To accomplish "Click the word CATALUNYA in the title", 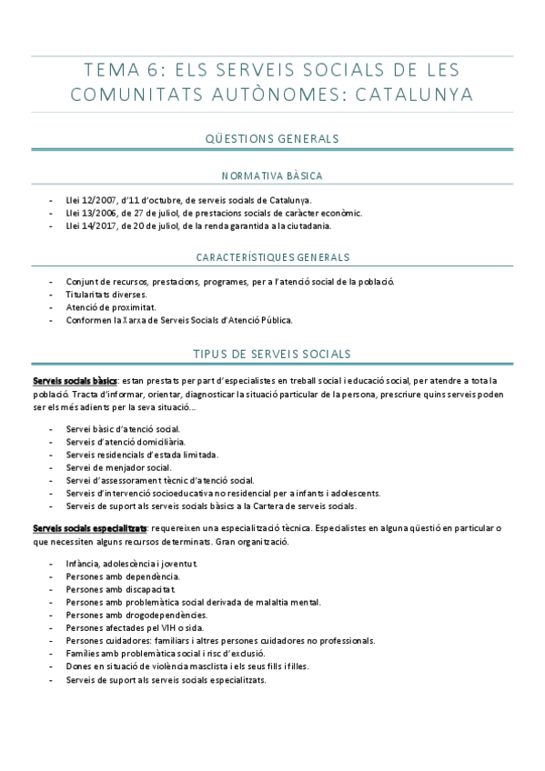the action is pyautogui.click(x=398, y=94).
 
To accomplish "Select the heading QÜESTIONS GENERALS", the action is pyautogui.click(x=273, y=139).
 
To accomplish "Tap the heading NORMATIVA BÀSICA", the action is pyautogui.click(x=273, y=175).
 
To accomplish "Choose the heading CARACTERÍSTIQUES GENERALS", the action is pyautogui.click(x=273, y=257).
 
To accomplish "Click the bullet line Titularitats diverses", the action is pyautogui.click(x=107, y=295).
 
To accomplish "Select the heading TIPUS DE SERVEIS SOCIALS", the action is pyautogui.click(x=273, y=353).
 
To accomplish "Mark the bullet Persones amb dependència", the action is pyautogui.click(x=123, y=576).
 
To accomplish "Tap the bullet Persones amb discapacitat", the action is pyautogui.click(x=121, y=589).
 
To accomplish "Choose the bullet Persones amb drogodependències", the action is pyautogui.click(x=136, y=615).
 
